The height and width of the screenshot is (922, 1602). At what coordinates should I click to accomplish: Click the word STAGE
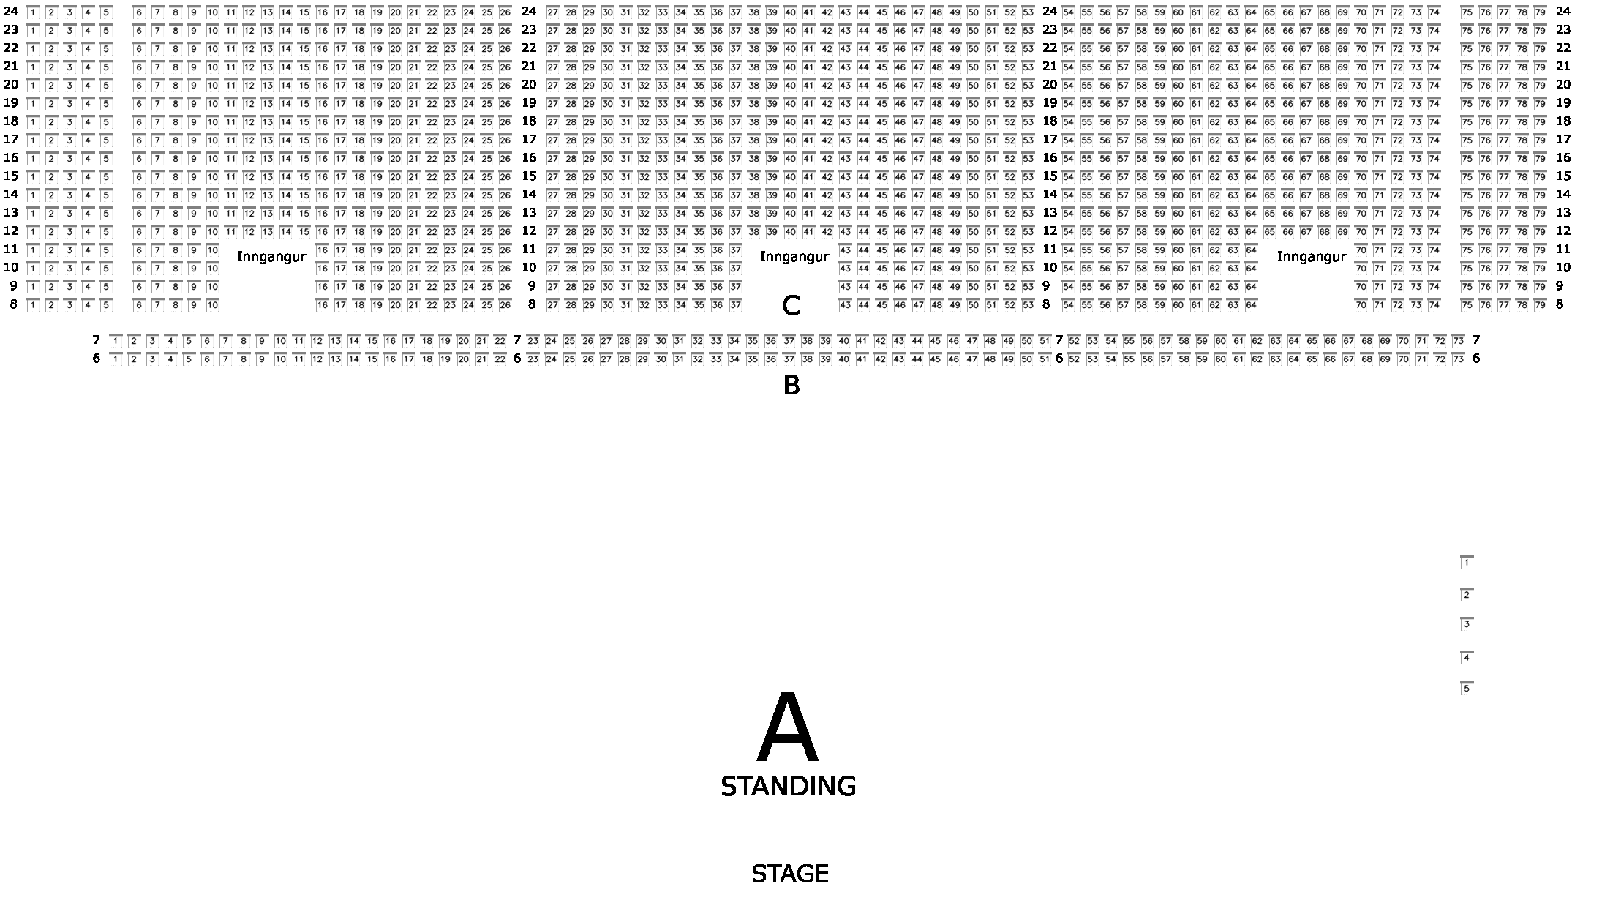point(789,874)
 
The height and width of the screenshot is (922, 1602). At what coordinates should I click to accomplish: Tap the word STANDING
point(788,787)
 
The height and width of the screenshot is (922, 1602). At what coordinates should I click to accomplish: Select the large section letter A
point(787,728)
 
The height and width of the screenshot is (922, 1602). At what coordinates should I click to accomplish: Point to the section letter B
point(791,385)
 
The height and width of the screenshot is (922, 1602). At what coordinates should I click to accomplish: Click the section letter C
point(791,306)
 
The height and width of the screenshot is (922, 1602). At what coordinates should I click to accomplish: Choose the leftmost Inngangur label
point(271,257)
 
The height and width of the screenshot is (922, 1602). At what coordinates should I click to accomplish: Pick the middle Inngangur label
point(794,257)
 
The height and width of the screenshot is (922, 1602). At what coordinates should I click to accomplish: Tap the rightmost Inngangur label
point(1311,257)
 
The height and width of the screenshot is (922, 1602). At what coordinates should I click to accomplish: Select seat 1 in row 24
point(32,12)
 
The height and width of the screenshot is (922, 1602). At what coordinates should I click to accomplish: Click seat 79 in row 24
point(1540,12)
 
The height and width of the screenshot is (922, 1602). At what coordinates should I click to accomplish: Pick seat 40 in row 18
point(790,121)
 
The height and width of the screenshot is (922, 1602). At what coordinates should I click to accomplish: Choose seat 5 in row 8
point(105,304)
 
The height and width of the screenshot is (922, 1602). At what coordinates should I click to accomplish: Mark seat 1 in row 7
point(116,341)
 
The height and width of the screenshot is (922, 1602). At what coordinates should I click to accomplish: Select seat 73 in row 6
point(1458,359)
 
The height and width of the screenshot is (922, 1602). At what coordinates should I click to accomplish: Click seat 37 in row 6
point(789,359)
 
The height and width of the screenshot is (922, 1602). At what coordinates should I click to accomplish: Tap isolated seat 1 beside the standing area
point(1466,563)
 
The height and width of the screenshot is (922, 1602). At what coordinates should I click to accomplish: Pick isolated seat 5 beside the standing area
point(1466,688)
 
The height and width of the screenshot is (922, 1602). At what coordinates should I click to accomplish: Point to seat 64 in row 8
point(1251,304)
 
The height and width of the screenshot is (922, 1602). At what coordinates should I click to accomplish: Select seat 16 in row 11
point(322,250)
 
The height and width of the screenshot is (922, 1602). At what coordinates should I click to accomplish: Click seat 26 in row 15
point(505,176)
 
